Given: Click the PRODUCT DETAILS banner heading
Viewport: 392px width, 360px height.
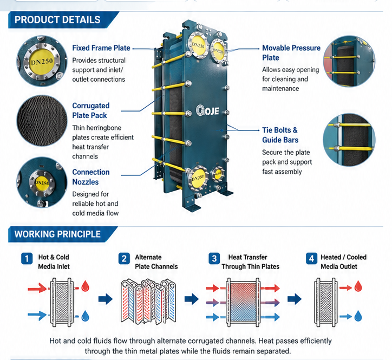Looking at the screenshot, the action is click(57, 19).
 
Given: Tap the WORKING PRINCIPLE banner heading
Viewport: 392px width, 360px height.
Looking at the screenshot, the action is click(57, 234).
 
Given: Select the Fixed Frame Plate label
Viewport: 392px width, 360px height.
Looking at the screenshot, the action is click(101, 48).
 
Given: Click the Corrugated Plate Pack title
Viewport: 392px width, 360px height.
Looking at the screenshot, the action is click(91, 110).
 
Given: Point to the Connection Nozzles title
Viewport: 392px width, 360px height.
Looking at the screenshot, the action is click(91, 176).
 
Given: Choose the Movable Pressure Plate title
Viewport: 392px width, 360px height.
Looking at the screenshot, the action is click(291, 53).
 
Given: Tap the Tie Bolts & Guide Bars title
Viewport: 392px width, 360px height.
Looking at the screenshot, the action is click(280, 135).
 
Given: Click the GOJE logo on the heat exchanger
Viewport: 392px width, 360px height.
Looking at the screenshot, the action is click(207, 110).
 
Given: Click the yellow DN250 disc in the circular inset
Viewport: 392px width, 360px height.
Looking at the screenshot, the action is click(42, 61).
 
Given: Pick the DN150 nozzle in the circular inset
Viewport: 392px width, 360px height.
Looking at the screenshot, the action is click(42, 183).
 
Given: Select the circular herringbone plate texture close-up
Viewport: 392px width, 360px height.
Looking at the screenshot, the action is click(42, 121).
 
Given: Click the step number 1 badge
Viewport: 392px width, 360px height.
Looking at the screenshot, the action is click(27, 259).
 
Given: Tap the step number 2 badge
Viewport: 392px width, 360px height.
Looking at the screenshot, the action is click(124, 259).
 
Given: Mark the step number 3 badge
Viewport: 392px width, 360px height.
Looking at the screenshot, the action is click(214, 259).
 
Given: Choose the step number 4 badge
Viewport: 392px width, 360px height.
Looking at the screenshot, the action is click(311, 259).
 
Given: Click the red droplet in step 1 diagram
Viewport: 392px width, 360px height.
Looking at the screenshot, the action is click(86, 286).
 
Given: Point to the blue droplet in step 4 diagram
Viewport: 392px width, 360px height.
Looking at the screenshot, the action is click(358, 316).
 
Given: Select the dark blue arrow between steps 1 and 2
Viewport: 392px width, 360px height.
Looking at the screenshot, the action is click(106, 299).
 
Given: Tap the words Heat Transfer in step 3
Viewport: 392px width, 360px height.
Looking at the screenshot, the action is click(248, 257).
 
